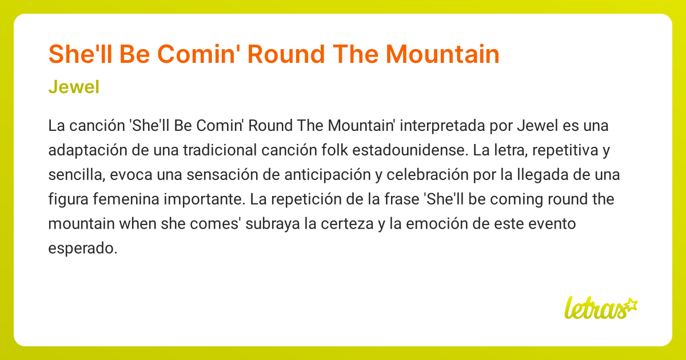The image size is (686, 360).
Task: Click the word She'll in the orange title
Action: [76, 54]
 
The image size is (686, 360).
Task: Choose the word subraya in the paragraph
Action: [274, 224]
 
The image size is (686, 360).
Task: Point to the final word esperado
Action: [82, 249]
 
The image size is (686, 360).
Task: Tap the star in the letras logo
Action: [631, 303]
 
